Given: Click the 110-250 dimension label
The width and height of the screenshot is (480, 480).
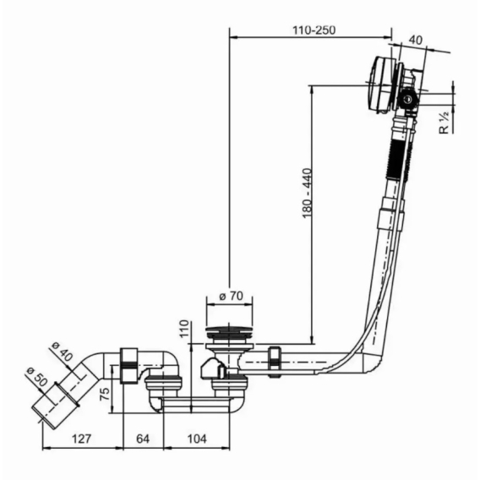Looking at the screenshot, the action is pos(314,30).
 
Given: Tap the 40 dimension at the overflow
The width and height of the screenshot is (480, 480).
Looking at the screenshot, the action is pos(416,40).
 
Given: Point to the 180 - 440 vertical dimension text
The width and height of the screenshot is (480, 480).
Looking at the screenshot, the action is pos(307,193).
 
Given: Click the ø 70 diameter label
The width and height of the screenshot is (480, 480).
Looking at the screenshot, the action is pos(231,296).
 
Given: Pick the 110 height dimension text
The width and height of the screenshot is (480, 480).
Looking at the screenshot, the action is pos(184,328).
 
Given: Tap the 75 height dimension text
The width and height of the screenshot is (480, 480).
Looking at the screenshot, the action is pos(105,395).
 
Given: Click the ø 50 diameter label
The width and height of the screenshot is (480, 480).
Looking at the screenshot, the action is pos(37,377).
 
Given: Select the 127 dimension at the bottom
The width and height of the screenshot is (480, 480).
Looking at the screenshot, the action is pos(81,439).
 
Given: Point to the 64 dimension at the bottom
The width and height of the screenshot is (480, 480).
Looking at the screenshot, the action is pos(143,439).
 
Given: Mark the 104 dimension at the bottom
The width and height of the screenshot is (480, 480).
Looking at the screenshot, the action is pos(197,439).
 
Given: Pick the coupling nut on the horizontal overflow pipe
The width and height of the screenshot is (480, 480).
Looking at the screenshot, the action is pos(275,363).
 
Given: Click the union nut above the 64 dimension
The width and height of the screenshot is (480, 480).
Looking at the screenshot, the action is pos(128,366).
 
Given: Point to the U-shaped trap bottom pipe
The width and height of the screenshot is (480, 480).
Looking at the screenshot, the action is pos(195,405).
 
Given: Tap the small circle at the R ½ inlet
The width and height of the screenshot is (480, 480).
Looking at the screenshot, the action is pos(408,99).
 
